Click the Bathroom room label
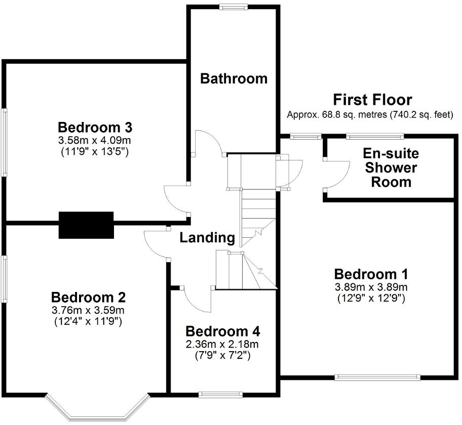[234, 78]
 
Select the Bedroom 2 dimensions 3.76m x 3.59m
[88, 310]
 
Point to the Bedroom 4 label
[223, 332]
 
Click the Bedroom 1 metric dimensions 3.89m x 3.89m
[371, 287]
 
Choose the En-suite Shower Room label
[391, 167]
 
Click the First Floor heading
[372, 100]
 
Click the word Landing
[207, 237]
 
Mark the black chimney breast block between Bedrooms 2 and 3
[86, 225]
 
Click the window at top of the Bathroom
[234, 7]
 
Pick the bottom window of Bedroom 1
[377, 377]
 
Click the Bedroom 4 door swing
[197, 301]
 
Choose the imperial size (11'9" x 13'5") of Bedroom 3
[95, 150]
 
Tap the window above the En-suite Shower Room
[375, 136]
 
